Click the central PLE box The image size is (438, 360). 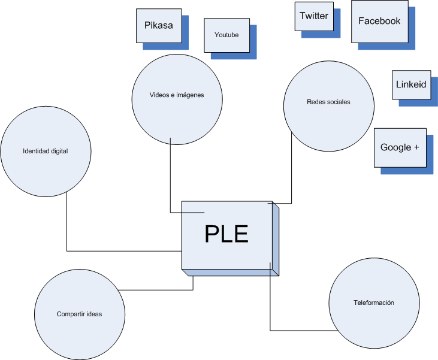click(226, 235)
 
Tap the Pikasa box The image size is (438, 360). click(159, 26)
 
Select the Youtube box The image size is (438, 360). click(226, 35)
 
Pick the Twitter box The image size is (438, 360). click(314, 16)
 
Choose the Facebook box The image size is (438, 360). click(379, 22)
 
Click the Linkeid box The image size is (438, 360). click(411, 84)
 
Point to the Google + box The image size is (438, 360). click(400, 147)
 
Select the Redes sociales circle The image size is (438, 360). click(328, 102)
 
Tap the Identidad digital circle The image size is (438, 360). click(46, 152)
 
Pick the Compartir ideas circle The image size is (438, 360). click(79, 314)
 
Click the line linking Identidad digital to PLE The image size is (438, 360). click(67, 228)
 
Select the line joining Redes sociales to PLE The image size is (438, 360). click(291, 174)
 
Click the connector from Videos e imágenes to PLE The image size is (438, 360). click(170, 180)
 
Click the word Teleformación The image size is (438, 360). click(374, 303)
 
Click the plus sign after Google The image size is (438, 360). click(416, 147)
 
